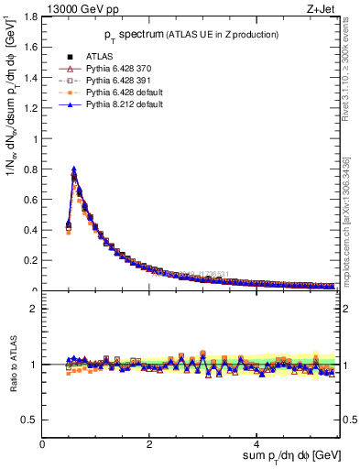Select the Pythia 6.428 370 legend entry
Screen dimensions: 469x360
111,70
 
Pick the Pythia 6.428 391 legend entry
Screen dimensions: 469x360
111,82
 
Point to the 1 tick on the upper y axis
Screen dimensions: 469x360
34,139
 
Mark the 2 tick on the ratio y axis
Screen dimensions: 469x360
34,309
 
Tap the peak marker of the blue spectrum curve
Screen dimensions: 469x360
73,169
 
